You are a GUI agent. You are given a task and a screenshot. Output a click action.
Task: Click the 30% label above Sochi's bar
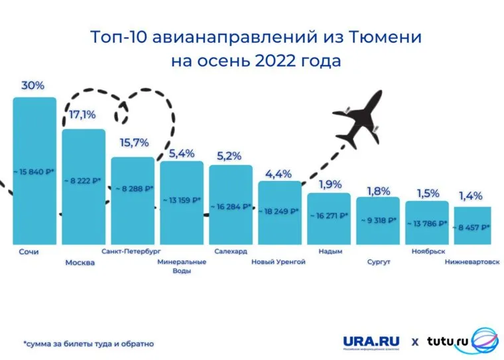tap(33, 86)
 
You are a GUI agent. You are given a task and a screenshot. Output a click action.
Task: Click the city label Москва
tap(80, 263)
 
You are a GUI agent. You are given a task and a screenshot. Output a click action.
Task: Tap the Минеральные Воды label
tap(181, 266)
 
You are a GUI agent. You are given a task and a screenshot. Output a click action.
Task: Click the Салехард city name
tap(231, 252)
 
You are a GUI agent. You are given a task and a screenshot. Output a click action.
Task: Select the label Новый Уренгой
tap(279, 262)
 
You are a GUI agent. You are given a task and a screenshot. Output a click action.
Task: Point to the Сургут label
tap(378, 262)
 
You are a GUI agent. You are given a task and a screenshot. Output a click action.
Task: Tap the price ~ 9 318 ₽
tap(378, 219)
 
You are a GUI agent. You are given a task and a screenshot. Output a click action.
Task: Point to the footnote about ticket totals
tap(88, 344)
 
